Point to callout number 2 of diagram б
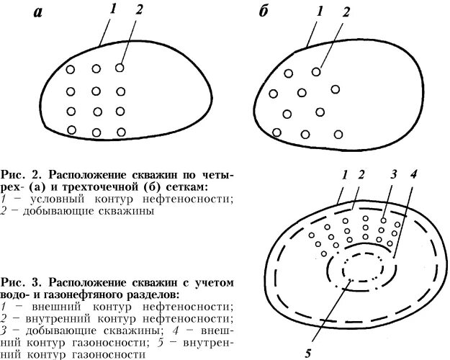point(346,12)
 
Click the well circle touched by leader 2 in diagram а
point(120,68)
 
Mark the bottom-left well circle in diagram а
point(71,130)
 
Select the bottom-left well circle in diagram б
point(277,132)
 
